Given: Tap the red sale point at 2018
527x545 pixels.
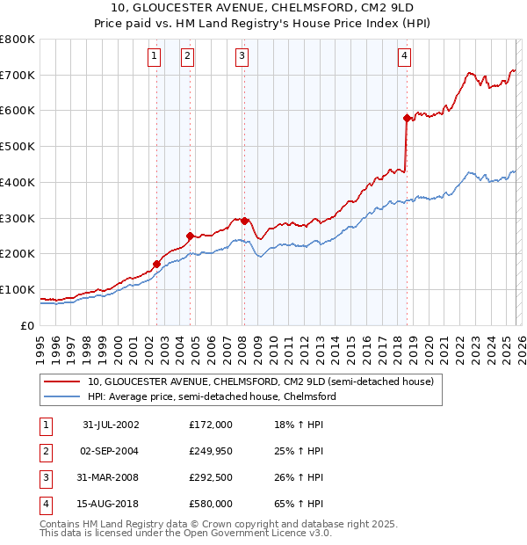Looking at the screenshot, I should (407, 118).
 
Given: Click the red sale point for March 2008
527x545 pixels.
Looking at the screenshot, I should (244, 221).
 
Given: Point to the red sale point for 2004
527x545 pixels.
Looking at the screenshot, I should (190, 236).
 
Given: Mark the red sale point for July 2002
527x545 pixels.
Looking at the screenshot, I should (157, 264).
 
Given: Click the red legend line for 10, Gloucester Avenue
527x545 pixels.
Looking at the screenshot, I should (61, 382).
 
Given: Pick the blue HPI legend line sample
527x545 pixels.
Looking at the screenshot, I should (61, 397).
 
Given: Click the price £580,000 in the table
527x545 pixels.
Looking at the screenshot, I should (211, 504).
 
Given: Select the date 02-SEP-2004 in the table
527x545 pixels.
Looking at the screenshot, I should (111, 451).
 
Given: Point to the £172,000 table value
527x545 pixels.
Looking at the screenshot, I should (211, 425).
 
